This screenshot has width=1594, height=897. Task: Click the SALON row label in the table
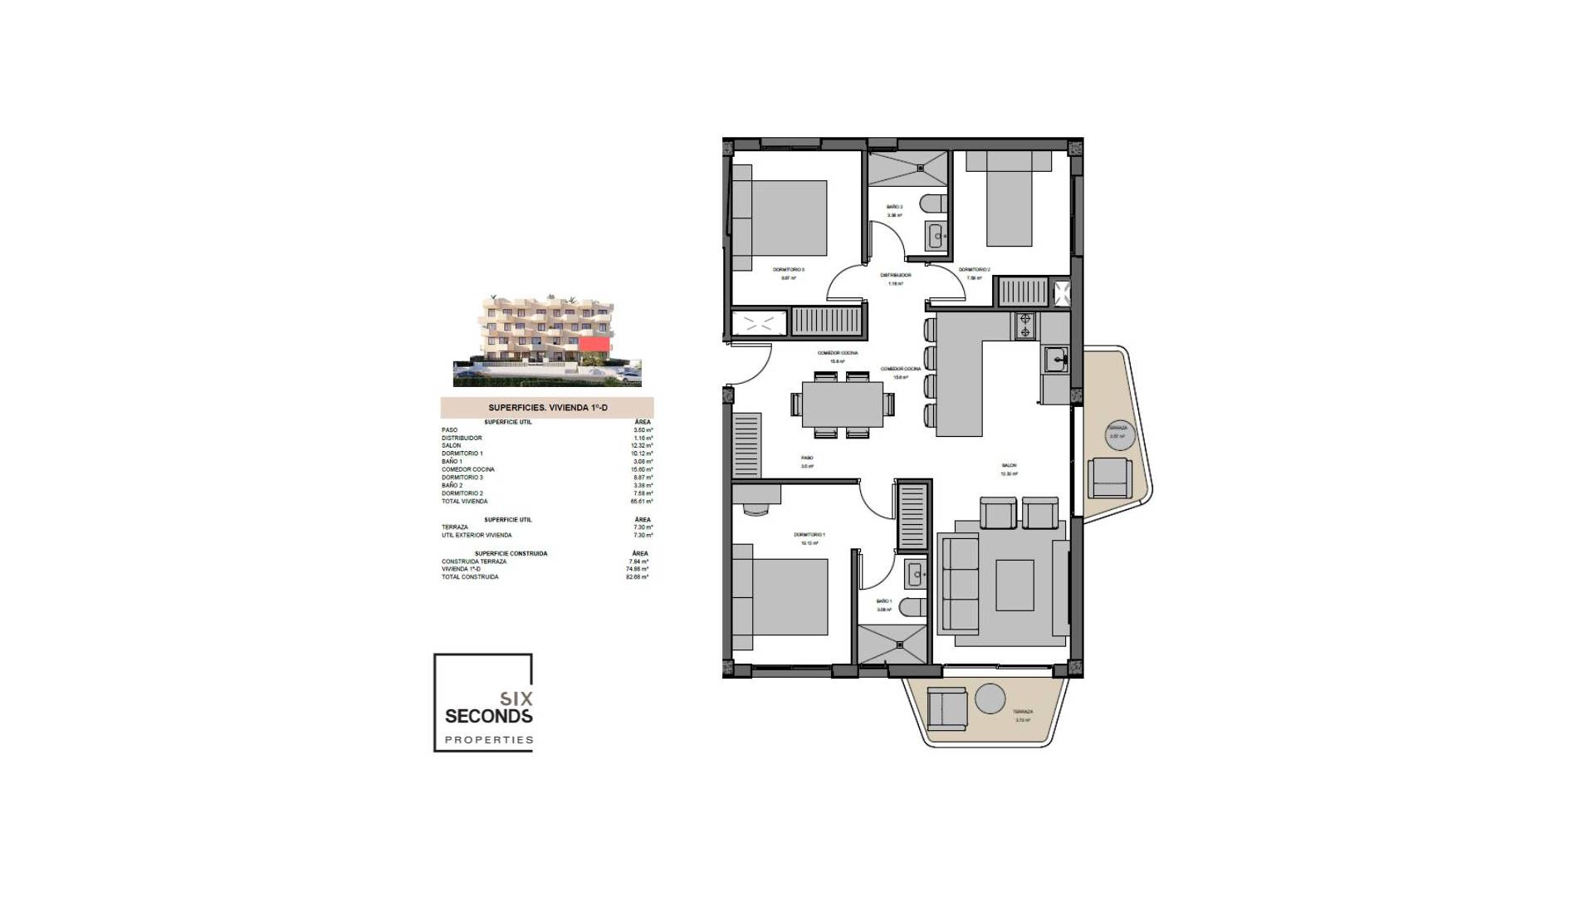[x=451, y=445]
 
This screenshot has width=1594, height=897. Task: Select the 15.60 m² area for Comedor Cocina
[x=642, y=469]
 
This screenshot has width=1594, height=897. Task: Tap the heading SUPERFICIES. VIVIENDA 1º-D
[x=547, y=408]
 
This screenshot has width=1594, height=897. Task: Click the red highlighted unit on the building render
[x=594, y=344]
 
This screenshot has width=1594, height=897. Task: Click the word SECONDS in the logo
[x=488, y=716]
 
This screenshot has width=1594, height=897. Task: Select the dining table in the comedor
[x=843, y=404]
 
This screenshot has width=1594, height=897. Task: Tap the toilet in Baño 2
[x=935, y=203]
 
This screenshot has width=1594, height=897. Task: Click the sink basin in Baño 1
[x=916, y=573]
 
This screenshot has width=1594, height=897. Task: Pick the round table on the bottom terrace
[x=990, y=698]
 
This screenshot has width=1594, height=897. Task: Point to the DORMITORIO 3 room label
[x=788, y=270]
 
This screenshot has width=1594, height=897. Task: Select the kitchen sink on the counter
[x=1056, y=360]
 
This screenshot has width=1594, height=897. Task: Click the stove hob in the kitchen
[x=1024, y=326]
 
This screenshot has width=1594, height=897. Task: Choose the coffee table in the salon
[x=1015, y=585]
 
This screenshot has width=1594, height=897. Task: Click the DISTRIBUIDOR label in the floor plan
[x=896, y=275]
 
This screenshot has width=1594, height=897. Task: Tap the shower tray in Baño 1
[x=892, y=645]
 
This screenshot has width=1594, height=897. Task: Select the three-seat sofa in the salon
[x=959, y=584]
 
